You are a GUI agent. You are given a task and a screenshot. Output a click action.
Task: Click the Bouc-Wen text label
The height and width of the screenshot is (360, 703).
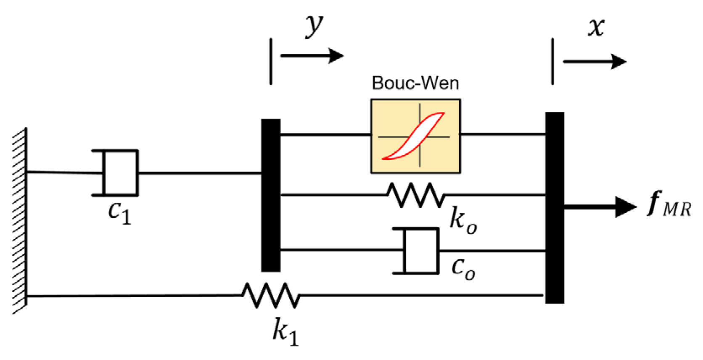coord(415,83)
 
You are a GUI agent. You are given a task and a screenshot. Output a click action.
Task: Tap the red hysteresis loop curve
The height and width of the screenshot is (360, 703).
coord(414,135)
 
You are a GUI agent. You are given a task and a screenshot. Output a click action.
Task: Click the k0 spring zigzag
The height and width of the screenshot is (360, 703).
coord(415,195)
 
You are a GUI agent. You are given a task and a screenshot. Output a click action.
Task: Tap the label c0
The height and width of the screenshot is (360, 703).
coord(463,267)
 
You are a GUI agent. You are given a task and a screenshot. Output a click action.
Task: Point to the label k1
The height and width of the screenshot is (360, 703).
coord(285,332)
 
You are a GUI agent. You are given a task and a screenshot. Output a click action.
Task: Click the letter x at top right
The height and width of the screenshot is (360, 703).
coord(596,27)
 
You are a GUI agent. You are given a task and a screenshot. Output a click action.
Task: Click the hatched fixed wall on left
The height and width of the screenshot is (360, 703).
coord(19,221)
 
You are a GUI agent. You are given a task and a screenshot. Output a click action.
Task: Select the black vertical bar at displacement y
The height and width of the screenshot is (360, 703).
coord(271,195)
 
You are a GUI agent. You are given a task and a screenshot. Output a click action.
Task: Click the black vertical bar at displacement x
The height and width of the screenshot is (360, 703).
coord(555,207)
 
